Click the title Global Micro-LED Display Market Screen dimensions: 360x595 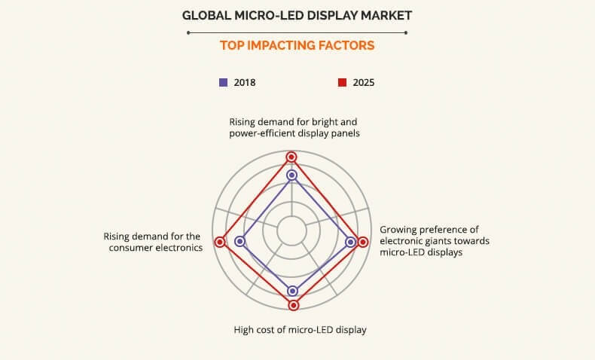click(297, 14)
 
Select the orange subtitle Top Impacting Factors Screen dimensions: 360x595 click(297, 45)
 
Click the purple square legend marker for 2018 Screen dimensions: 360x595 click(223, 82)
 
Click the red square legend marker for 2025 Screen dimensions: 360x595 click(341, 82)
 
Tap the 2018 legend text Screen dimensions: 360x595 click(244, 82)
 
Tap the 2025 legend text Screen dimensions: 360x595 click(363, 82)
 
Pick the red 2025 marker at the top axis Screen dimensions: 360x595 click(291, 157)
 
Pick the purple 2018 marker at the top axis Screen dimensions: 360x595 click(292, 175)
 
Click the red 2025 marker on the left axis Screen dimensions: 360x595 click(220, 242)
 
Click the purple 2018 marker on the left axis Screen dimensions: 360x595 click(240, 242)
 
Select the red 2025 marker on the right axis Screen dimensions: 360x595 click(363, 242)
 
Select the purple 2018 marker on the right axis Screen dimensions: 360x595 click(350, 242)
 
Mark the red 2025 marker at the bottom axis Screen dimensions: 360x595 click(294, 305)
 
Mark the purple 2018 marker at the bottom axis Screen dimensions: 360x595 click(293, 291)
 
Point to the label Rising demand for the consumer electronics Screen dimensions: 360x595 click(152, 242)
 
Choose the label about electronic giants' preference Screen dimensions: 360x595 click(435, 241)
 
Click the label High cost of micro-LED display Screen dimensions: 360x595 click(299, 330)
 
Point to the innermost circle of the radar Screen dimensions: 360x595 click(291, 231)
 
